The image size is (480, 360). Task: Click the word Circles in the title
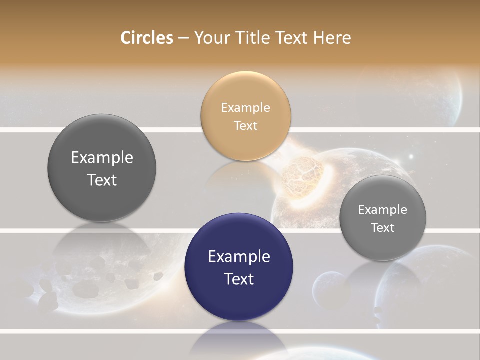coord(147,38)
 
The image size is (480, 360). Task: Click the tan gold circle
coord(245,116)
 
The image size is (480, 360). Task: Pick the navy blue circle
coord(239,267)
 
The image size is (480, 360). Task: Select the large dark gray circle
coord(102,168)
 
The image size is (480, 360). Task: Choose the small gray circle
coord(383,218)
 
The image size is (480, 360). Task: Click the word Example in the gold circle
coord(245,107)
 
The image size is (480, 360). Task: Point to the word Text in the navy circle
coord(239,279)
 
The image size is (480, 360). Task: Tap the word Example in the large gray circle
coord(102,157)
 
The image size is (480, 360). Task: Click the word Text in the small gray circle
coord(383,227)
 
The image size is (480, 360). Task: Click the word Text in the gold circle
coord(245,125)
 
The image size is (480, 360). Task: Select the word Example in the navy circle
coord(239,256)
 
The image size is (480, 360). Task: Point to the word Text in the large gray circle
coord(102,180)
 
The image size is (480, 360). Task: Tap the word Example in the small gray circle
coord(383,209)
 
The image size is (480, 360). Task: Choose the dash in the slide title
coord(183,38)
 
